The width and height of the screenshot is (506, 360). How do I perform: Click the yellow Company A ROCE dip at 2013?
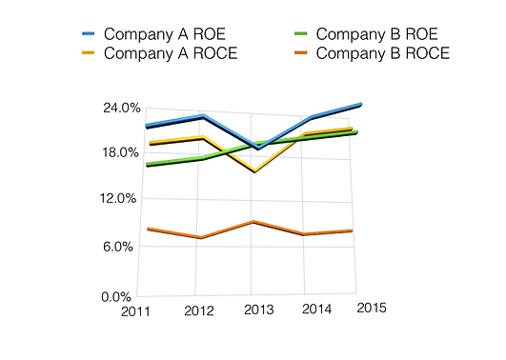point(254,171)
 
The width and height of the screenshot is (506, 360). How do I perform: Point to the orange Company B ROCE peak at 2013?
point(252,221)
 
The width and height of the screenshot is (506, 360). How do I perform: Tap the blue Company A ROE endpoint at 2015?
point(359,104)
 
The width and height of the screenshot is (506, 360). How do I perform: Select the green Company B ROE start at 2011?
point(147,164)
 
